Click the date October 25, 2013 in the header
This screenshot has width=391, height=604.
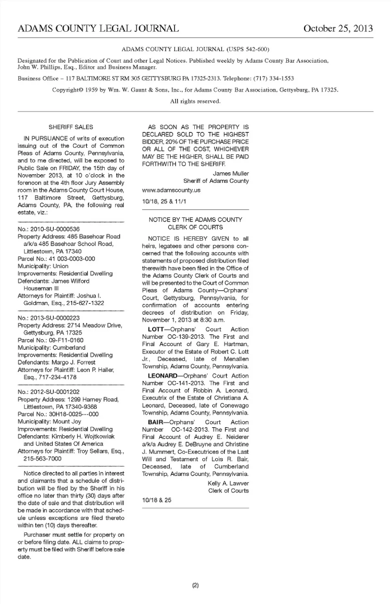(338, 29)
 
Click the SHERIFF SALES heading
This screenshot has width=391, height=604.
(71, 127)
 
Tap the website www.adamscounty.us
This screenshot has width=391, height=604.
(171, 190)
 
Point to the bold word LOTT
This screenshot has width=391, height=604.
(156, 329)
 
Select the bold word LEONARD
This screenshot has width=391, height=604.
(163, 376)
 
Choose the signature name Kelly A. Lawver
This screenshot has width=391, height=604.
(228, 483)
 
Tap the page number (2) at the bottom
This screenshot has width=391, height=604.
(195, 586)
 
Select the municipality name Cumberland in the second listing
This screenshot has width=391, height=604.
(69, 347)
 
